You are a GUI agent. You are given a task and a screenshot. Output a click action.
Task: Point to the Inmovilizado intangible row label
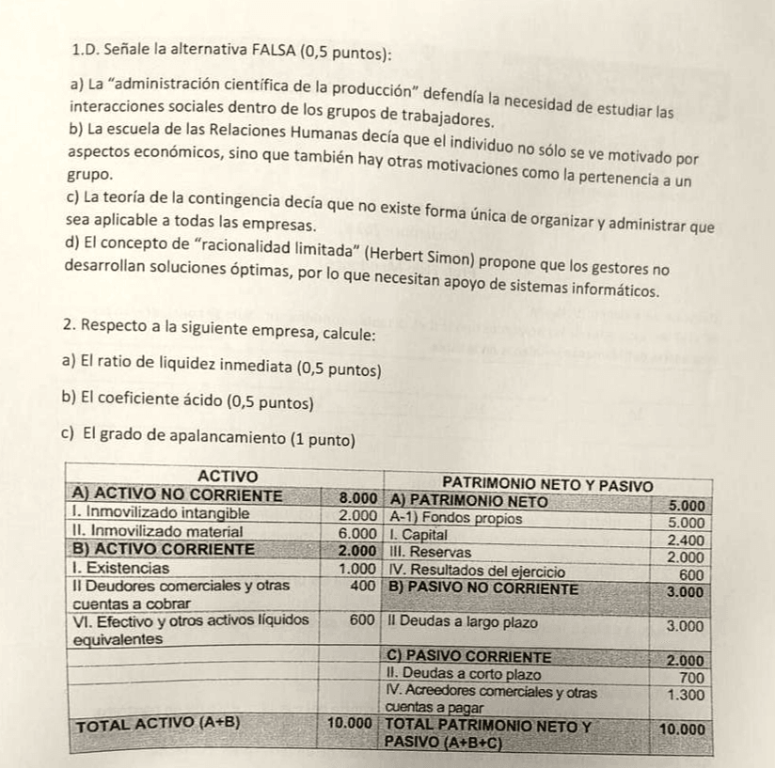coord(161,514)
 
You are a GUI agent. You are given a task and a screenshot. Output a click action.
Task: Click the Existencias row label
coord(121,568)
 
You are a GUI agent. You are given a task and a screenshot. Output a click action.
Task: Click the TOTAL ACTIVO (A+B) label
coord(158,725)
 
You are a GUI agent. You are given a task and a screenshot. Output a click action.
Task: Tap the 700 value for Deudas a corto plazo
coord(691,676)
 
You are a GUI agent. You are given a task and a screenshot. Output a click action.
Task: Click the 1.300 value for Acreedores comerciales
coord(686,694)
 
